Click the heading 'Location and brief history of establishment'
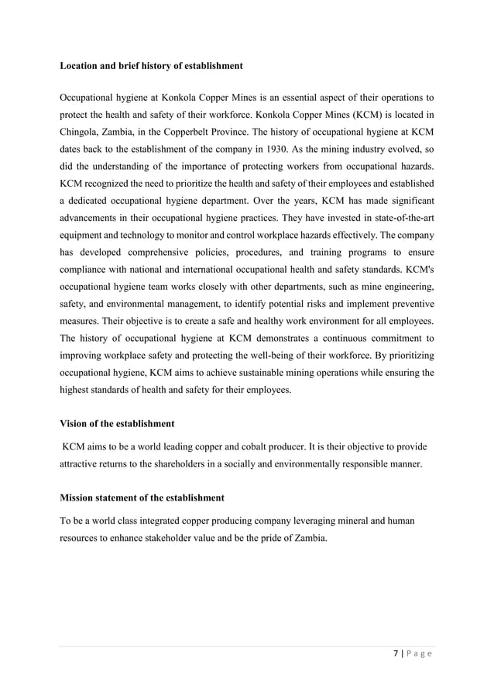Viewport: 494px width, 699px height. [x=151, y=66]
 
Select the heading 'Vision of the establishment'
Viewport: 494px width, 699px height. [x=117, y=424]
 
